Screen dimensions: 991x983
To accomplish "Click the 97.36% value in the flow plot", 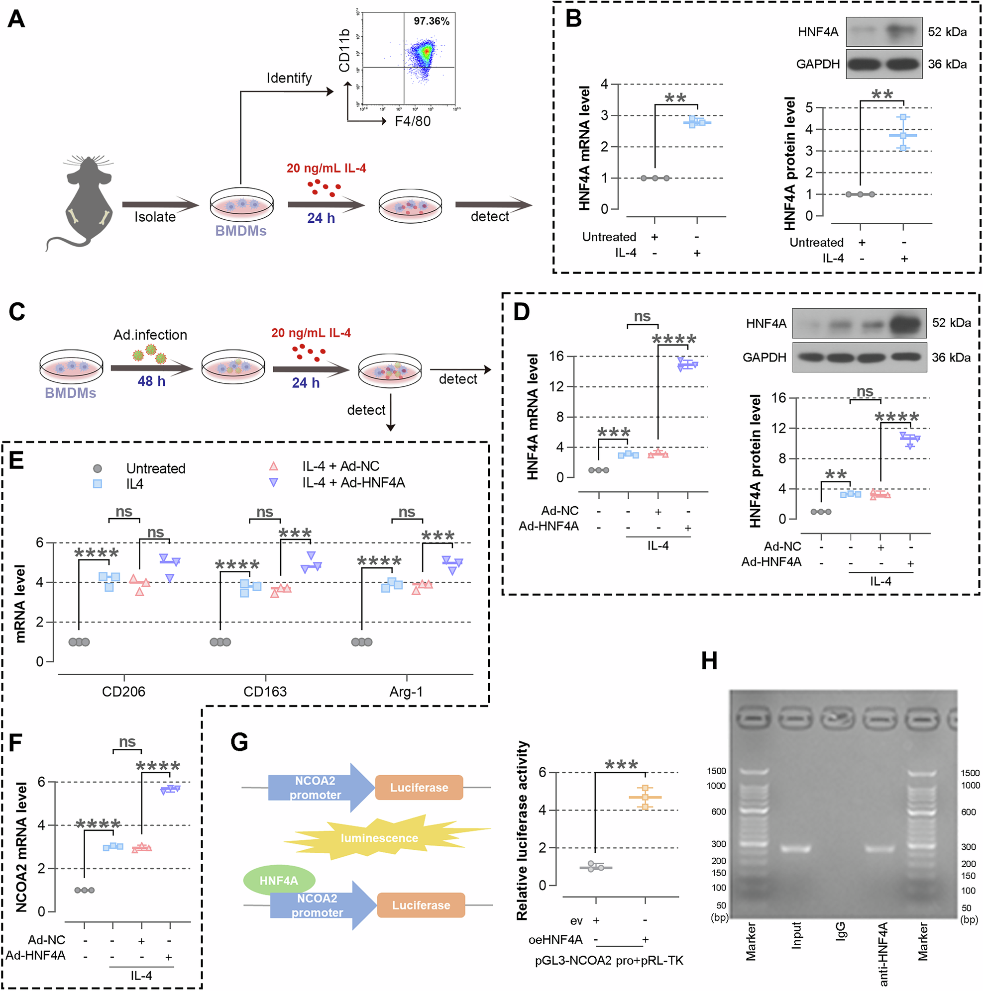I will [431, 21].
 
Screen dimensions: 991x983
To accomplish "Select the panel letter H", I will [709, 661].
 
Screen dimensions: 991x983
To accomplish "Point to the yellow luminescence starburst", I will [379, 838].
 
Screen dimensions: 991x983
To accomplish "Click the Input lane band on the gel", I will [795, 848].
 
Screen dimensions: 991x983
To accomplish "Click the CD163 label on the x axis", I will [265, 692].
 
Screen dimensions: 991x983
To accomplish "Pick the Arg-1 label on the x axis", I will [406, 692].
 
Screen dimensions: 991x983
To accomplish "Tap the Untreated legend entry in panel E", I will [155, 468].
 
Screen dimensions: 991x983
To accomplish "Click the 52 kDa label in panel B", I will [947, 32].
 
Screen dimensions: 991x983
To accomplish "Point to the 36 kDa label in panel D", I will [951, 358].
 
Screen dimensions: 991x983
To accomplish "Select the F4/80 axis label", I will [413, 121].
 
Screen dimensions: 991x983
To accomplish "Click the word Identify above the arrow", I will [289, 78].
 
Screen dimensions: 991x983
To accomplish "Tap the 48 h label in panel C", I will [151, 381].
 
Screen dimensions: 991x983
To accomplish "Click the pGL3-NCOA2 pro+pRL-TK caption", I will [609, 961].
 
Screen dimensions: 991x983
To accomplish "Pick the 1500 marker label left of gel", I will [716, 771].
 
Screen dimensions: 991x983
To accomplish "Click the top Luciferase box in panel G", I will [419, 787].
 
